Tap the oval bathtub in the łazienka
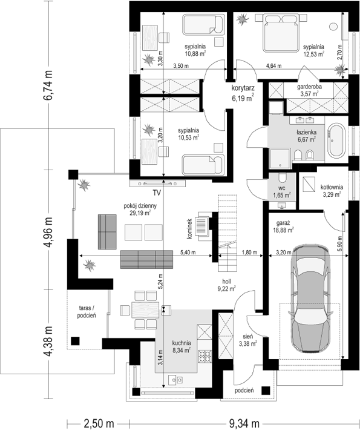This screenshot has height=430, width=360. [x=336, y=141]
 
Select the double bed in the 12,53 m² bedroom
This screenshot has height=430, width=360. [x=281, y=33]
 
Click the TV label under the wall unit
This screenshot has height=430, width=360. [x=157, y=193]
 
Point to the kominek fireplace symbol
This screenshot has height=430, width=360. [x=203, y=226]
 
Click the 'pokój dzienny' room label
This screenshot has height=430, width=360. [x=140, y=206]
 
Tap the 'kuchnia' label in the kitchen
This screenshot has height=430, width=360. [x=182, y=343]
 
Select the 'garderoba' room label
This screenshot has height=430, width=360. [x=309, y=87]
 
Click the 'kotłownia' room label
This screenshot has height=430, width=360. [x=332, y=187]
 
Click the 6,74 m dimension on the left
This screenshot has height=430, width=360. [x=49, y=85]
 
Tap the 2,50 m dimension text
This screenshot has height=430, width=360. [x=99, y=423]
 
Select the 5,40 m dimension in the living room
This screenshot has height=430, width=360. [x=188, y=253]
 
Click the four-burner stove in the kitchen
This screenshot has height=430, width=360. [x=205, y=357]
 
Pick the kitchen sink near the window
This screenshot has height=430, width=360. [x=175, y=380]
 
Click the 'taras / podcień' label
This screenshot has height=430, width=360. [x=87, y=312]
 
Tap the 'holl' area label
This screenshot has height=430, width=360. [x=226, y=282]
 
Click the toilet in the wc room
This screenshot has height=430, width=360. [x=282, y=179]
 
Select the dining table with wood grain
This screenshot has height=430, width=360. [x=145, y=310]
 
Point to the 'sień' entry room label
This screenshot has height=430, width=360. [x=248, y=336]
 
